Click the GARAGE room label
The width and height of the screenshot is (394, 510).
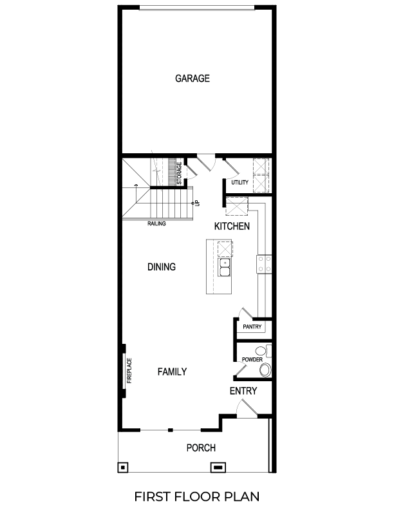192,79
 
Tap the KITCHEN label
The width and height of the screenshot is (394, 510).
232,227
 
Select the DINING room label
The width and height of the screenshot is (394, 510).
161,267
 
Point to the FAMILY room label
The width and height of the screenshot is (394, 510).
172,372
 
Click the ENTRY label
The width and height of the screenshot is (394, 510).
243,391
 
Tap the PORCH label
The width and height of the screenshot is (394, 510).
201,448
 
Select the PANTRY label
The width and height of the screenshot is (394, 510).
251,327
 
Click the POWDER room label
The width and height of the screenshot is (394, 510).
250,359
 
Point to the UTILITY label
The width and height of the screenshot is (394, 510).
239,183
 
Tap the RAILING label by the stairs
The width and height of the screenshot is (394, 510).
156,224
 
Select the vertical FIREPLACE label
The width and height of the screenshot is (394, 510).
129,370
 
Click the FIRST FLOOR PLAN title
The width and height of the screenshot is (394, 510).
197,496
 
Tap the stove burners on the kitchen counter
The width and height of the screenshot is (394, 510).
265,263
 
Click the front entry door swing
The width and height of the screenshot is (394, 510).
246,407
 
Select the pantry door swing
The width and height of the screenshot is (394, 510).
244,313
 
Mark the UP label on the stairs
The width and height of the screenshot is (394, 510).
197,202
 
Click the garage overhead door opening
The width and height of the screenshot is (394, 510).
198,8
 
